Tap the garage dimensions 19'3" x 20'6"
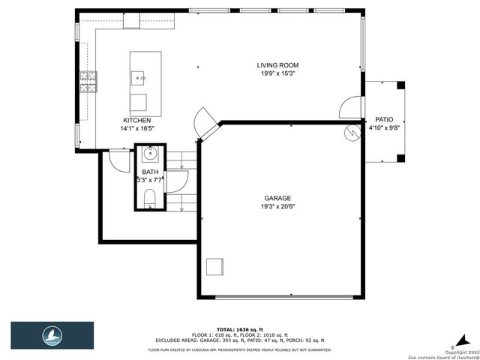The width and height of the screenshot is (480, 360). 277,206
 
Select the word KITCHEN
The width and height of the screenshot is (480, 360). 137,120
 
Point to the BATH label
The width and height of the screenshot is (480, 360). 151,172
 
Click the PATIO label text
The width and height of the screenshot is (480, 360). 384,119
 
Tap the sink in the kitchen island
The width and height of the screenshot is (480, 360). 139,76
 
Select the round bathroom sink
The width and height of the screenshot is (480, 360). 149,155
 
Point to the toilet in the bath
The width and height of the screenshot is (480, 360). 149,197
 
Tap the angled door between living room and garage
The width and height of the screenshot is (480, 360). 204,121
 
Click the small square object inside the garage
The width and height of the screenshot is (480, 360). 215,266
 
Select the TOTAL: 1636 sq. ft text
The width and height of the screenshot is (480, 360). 240,329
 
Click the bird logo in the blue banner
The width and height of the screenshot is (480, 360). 52,334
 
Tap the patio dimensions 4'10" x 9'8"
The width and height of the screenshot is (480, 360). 384,127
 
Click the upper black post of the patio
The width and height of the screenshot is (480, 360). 400,85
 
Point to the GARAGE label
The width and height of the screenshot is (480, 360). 277,198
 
